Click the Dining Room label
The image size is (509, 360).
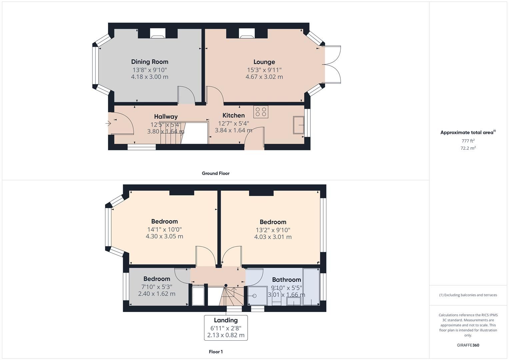tap(150, 62)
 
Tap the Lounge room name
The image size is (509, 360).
tap(264, 62)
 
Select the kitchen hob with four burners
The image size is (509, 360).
tap(261, 112)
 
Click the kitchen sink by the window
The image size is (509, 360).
tap(298, 125)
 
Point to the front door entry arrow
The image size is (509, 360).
tap(108, 124)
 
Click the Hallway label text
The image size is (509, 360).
tap(166, 117)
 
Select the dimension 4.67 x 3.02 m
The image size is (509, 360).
tap(264, 77)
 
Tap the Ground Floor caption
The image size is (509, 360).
tap(215, 173)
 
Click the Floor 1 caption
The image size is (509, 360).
tap(215, 352)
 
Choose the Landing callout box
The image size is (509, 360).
tap(226, 328)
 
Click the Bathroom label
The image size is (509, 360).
tap(286, 280)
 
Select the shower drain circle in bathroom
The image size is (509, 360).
tap(255, 296)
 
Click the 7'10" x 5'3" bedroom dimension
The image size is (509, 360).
tap(156, 287)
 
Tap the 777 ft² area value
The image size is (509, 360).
tap(468, 141)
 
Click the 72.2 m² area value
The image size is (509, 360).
tap(468, 148)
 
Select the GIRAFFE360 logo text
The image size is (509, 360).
tap(468, 345)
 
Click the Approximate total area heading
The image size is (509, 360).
tap(468, 133)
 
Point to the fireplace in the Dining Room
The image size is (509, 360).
tap(158, 33)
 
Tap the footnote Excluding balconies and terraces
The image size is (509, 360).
tap(468, 295)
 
